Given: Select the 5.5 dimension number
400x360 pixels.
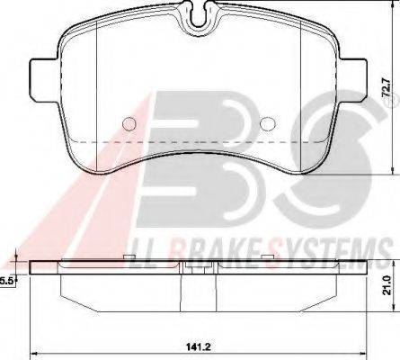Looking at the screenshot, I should coord(7,281).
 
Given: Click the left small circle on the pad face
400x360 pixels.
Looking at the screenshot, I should coord(129,124).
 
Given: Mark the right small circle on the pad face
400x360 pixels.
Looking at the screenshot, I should coord(266,124).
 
